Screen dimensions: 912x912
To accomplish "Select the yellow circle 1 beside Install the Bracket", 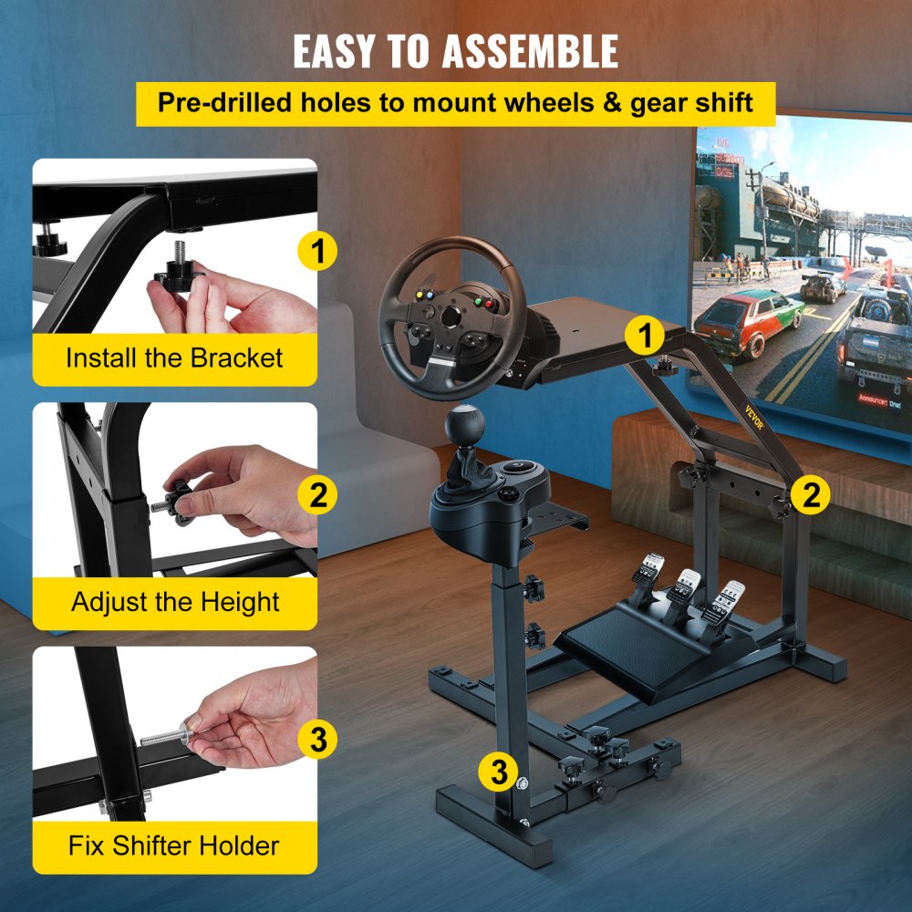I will pyautogui.click(x=317, y=251).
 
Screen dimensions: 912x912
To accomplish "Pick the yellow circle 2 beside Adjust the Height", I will pyautogui.click(x=317, y=496).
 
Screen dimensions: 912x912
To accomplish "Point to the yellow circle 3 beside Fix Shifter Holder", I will pyautogui.click(x=317, y=740).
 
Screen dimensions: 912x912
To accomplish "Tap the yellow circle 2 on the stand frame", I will pyautogui.click(x=810, y=495).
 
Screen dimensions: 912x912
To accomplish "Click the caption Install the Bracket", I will pyautogui.click(x=174, y=358).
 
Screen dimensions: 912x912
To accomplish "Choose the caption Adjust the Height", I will pyautogui.click(x=175, y=602).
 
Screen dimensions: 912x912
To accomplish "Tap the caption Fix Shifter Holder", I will pyautogui.click(x=174, y=845).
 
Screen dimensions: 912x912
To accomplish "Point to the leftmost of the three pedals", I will pyautogui.click(x=644, y=575).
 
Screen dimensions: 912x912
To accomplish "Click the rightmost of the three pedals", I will pyautogui.click(x=727, y=598).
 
